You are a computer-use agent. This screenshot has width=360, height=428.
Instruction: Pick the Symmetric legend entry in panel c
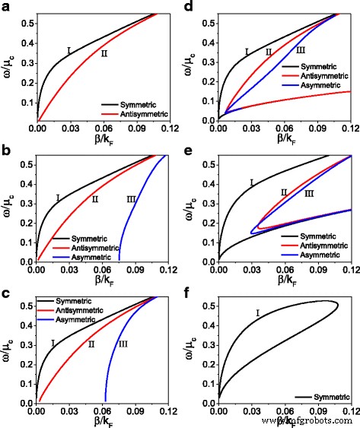[72, 291]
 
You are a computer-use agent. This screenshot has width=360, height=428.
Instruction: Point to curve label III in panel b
[131, 199]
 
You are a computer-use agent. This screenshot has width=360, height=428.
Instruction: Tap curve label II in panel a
[104, 53]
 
